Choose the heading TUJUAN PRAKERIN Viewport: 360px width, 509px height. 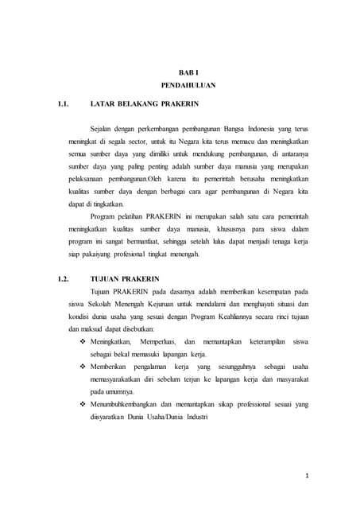[126, 279]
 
